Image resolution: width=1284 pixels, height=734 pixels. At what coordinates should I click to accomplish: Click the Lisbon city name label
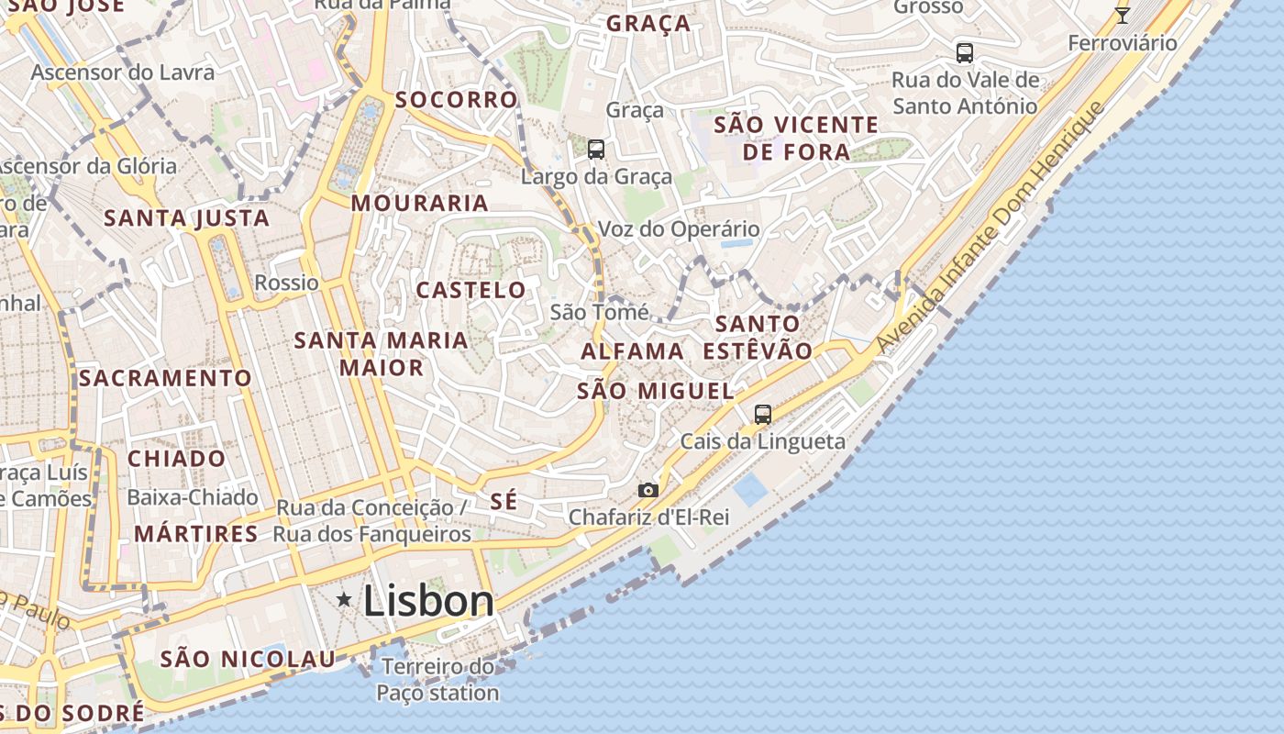point(428,601)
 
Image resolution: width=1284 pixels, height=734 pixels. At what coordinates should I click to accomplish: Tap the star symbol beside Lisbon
point(344,599)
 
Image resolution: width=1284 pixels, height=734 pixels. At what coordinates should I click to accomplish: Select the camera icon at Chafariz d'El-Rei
point(648,490)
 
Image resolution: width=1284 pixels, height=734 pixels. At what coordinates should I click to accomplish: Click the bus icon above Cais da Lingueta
point(762,414)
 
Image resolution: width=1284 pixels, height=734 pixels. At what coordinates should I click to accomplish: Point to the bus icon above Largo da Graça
point(596,149)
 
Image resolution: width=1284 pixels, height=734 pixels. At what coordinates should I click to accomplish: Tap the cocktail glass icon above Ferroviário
point(1122,15)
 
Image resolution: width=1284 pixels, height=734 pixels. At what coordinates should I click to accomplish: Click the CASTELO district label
point(471,290)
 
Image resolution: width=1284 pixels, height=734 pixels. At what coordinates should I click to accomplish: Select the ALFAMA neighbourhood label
point(633,350)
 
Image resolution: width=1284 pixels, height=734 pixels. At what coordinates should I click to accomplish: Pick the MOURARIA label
point(419,203)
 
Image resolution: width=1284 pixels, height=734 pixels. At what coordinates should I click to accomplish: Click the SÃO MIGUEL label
point(656,391)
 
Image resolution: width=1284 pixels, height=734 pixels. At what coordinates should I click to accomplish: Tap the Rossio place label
point(286,283)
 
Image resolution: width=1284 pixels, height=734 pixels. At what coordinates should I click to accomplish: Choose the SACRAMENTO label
point(165,377)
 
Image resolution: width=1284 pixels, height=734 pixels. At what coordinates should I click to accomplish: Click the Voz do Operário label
point(679,228)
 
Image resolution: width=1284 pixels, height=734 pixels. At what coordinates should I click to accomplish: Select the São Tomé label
point(599,312)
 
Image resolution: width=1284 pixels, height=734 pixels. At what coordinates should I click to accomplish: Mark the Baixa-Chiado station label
point(193,497)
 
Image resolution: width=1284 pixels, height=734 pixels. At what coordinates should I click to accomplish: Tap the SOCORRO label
point(457,99)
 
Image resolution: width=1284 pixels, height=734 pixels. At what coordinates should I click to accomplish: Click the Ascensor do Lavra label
point(123,72)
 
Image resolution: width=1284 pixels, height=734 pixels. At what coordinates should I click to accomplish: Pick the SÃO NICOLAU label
point(249,658)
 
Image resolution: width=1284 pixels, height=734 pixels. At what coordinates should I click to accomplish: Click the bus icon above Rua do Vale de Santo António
point(964,52)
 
